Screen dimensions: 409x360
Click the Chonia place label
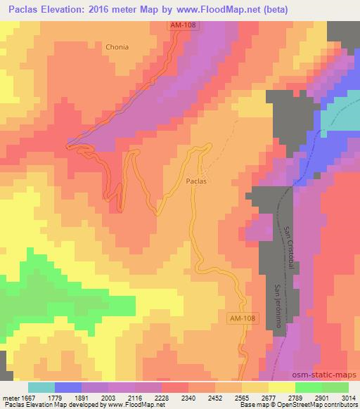click(x=117, y=48)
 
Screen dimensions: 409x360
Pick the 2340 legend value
click(x=188, y=397)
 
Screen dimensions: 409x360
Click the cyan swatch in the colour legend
click(x=41, y=387)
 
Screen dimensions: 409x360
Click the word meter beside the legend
click(x=11, y=397)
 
